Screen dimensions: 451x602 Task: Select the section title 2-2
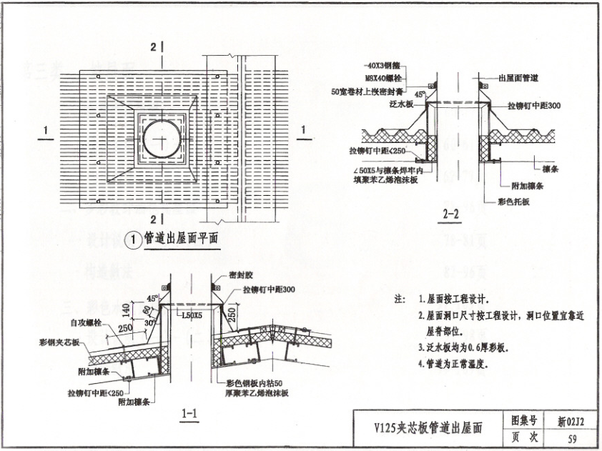coord(452,213)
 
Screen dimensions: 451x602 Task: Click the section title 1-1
coord(189,412)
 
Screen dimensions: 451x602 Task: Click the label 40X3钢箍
coord(383,65)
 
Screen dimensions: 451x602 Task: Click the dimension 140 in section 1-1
coord(126,309)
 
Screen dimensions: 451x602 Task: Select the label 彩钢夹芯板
coord(59,342)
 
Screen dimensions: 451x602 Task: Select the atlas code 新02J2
coord(571,421)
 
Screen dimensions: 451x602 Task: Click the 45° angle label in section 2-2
coord(423,93)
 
